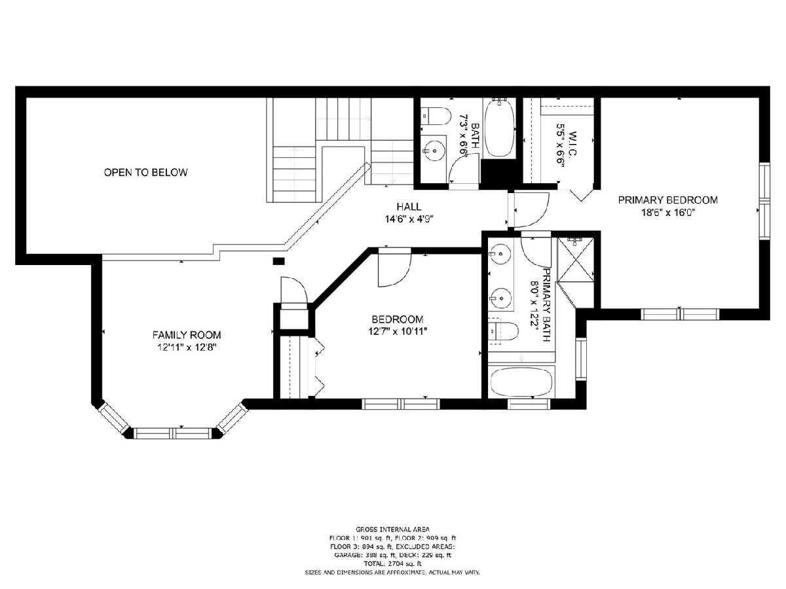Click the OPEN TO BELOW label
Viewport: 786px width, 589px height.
(146, 172)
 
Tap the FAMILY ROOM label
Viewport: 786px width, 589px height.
(187, 335)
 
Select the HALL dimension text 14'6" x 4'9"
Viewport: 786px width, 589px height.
(409, 219)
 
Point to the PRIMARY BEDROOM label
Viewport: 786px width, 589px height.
(668, 200)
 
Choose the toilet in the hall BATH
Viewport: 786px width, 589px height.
(435, 116)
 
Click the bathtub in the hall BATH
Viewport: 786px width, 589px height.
(500, 128)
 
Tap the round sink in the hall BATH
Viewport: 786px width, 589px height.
(434, 151)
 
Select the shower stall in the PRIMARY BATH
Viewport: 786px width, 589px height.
(576, 260)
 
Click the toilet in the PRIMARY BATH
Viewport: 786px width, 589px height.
(503, 332)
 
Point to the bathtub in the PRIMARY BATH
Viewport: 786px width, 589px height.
(521, 382)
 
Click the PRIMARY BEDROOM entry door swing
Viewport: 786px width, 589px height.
(529, 210)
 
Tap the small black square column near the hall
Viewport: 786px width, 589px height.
(278, 261)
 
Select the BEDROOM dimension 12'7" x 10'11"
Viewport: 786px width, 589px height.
(398, 332)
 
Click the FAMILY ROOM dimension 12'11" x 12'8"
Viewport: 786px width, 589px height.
(187, 348)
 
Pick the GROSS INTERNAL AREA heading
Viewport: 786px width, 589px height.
(392, 529)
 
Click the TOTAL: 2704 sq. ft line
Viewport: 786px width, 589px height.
(392, 564)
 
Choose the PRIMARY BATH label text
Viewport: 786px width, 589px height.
(546, 305)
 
